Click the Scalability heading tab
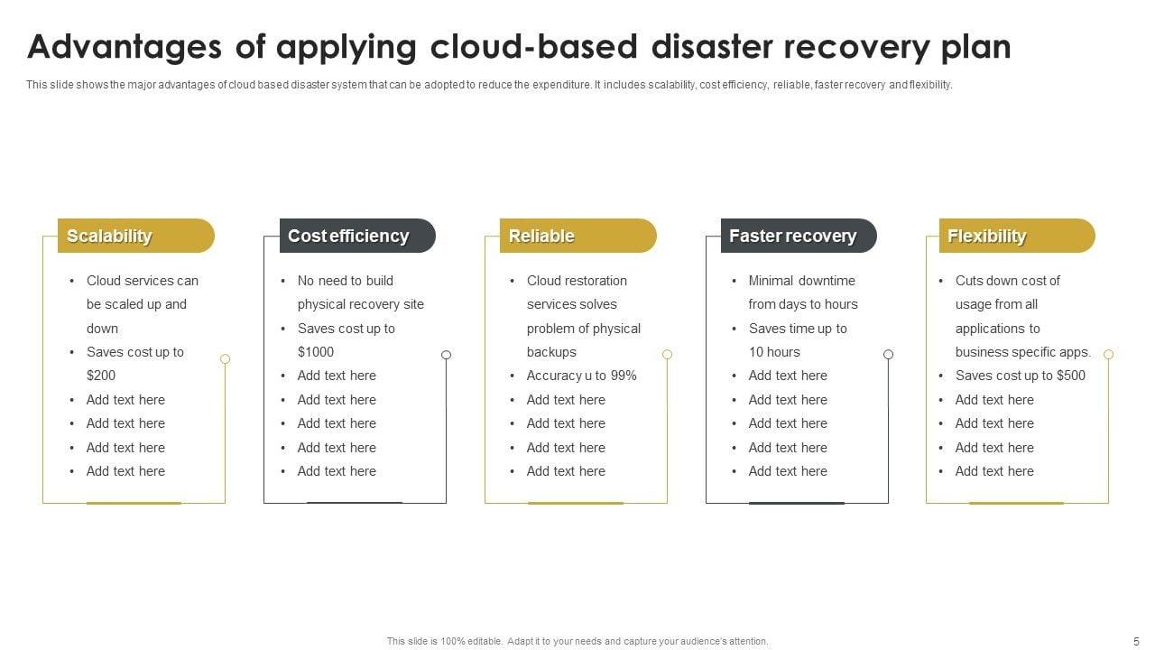coord(135,236)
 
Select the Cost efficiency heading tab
coord(356,236)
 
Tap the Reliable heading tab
coord(577,236)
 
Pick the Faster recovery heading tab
coord(798,236)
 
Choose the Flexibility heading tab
coord(1016,236)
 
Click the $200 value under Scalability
coord(101,376)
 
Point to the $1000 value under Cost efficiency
coord(316,352)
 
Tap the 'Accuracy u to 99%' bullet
coord(582,376)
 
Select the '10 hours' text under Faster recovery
coord(774,352)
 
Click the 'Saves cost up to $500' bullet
coord(1021,376)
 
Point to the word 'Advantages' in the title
coord(126,47)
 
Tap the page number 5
coord(1136,641)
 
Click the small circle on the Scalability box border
coord(225,358)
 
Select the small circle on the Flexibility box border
coord(1108,354)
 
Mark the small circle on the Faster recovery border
coord(888,354)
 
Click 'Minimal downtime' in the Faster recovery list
coord(801,281)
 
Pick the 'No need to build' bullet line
coord(346,281)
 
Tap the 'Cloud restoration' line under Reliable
coord(577,281)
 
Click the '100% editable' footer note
coord(577,641)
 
